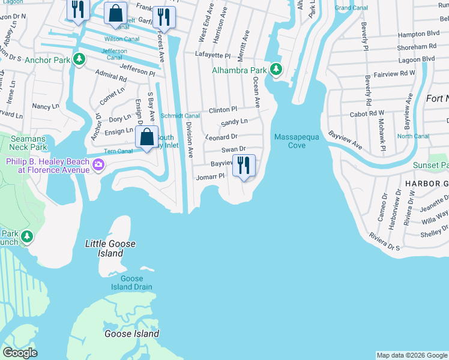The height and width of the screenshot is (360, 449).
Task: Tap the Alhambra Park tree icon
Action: coord(276,70)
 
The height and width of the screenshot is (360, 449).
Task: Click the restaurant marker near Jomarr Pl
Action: coord(244,165)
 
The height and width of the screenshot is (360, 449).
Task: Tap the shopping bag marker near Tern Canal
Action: coord(146,137)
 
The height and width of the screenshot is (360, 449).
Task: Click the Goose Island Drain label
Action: coord(131,283)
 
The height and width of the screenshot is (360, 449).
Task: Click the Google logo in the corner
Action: coord(20,353)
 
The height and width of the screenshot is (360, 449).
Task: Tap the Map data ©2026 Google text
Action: coord(411,355)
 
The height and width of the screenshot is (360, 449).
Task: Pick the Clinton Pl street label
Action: coord(223,110)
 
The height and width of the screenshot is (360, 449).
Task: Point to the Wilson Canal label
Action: coord(122,39)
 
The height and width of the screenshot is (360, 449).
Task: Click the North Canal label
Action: coord(413,136)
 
